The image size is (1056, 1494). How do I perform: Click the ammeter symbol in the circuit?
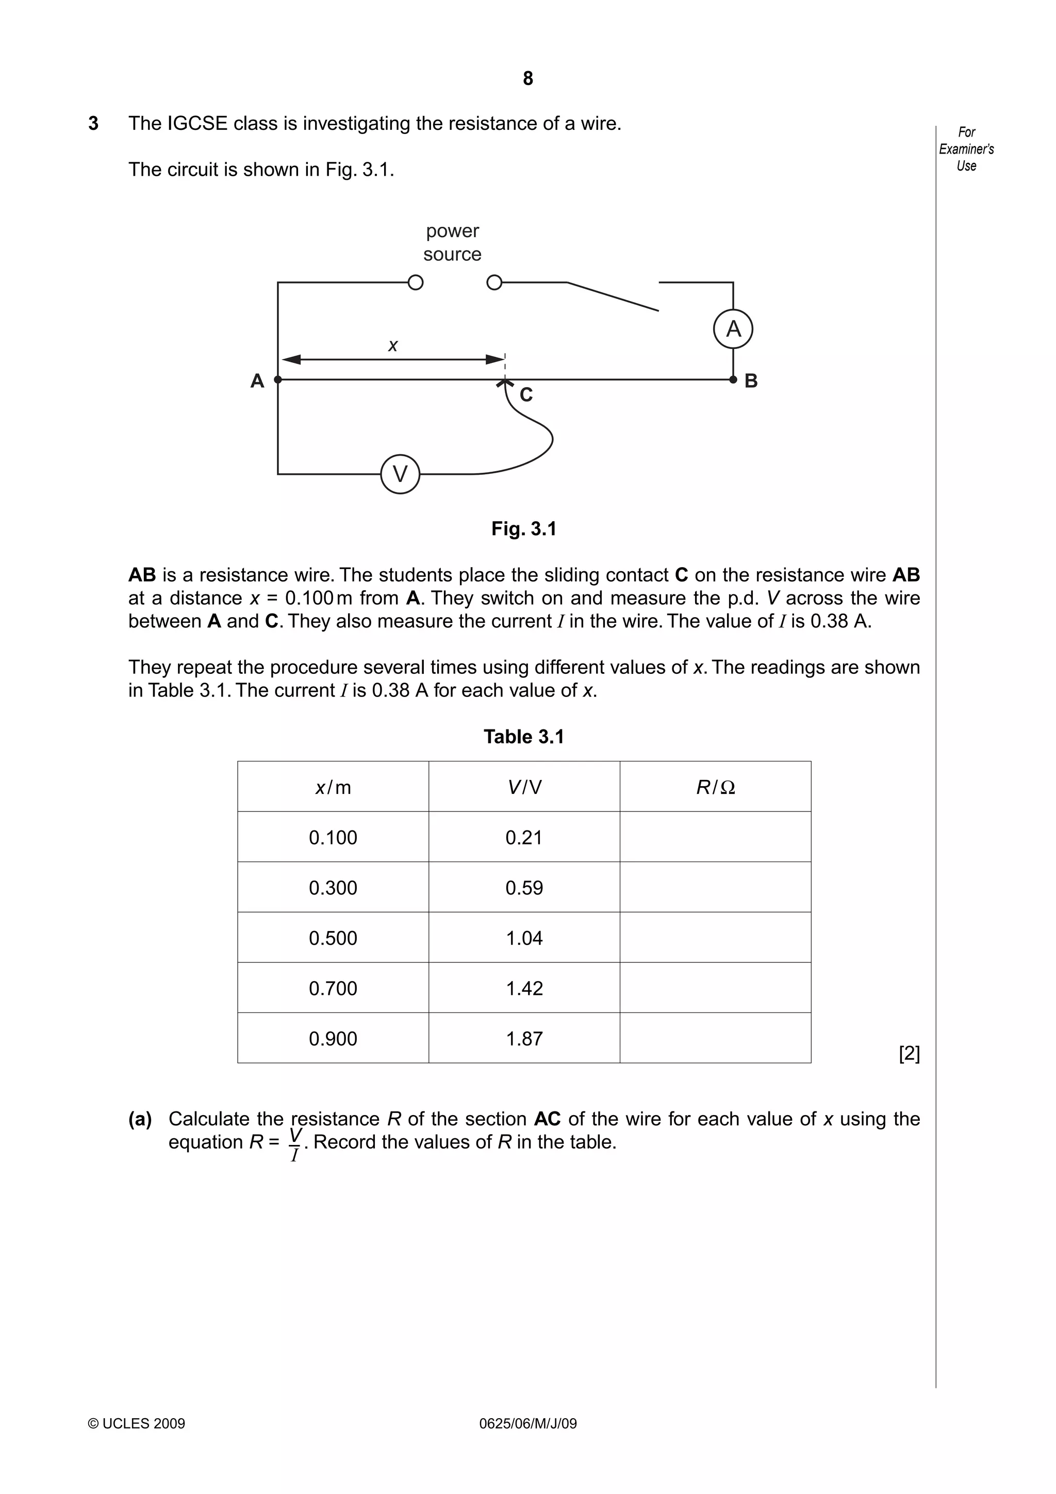[733, 328]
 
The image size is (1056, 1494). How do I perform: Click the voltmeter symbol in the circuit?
[400, 474]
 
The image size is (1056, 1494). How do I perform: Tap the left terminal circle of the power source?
[415, 283]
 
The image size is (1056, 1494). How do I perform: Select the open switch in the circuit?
[612, 296]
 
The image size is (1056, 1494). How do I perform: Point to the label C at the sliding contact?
[526, 395]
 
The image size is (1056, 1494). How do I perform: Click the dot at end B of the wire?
[733, 379]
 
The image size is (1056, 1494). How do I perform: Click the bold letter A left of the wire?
[257, 380]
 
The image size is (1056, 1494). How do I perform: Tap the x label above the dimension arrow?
[392, 345]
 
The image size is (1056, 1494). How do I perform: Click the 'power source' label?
[452, 242]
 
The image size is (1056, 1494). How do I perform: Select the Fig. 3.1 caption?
[524, 528]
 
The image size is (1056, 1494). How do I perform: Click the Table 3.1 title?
[524, 737]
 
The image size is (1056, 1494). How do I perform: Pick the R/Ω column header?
[715, 787]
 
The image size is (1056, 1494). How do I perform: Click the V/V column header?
[524, 787]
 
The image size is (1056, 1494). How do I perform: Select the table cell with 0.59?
[524, 888]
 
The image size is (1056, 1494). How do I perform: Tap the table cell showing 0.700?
[333, 988]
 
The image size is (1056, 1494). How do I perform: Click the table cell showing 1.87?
[524, 1038]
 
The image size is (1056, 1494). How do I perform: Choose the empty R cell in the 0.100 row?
[715, 837]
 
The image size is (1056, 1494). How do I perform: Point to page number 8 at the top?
[527, 79]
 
